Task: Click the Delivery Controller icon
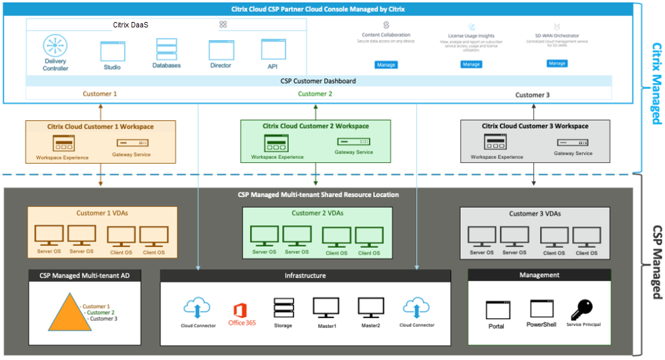coord(55,47)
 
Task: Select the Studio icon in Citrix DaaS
coord(113,51)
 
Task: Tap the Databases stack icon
coord(166,49)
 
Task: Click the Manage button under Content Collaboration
coord(386,65)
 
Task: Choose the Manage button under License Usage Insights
coord(471,64)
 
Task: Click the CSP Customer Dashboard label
coord(318,81)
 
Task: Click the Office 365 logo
coord(241,312)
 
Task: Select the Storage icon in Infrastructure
coord(283,308)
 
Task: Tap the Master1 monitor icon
coord(325,307)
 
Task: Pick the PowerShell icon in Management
coord(541,309)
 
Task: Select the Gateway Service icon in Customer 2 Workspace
coord(354,142)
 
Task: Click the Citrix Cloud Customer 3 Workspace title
coord(535,126)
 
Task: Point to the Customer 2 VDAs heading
coord(317,214)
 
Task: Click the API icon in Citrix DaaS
coord(273,49)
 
